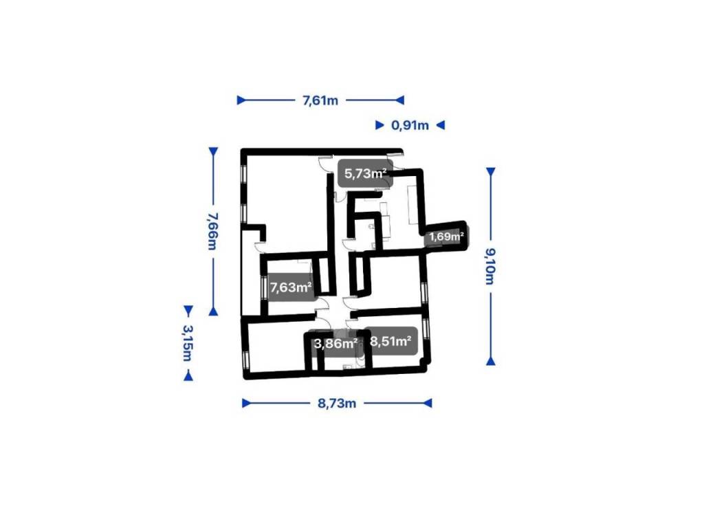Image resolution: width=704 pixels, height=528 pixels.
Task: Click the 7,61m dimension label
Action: pos(320,100)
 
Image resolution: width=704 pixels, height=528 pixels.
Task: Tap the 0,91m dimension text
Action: pos(410,125)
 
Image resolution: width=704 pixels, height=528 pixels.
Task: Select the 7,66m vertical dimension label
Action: pos(213,231)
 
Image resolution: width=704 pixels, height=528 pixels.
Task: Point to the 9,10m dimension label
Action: pos(490,266)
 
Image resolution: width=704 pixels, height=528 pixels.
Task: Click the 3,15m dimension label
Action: pos(188,342)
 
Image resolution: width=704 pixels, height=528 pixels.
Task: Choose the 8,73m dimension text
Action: pos(337,403)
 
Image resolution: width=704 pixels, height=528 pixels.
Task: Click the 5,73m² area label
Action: pos(366,173)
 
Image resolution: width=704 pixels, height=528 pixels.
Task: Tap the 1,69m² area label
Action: pos(446,236)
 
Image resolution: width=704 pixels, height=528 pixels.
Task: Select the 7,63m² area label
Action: pos(291,287)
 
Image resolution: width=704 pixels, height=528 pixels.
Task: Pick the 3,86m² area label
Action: pos(335,344)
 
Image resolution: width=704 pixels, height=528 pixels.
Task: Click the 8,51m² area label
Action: pos(390,341)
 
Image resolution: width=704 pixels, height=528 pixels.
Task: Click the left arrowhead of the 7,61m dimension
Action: pos(241,100)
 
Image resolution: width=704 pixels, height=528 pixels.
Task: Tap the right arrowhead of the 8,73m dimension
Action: pos(428,403)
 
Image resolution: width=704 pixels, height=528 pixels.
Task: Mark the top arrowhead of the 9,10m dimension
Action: pos(491,172)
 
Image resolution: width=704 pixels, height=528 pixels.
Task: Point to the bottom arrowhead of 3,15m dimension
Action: pos(188,376)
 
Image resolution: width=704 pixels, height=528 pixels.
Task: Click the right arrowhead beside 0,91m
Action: pos(441,125)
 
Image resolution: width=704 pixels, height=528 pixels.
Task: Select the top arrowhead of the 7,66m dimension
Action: pos(213,152)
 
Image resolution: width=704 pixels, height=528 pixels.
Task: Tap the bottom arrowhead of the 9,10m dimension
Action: pos(491,360)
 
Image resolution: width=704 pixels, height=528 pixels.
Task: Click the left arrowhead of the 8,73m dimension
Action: pos(247,403)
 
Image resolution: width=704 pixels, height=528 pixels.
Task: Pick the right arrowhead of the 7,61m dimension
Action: pos(399,100)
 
